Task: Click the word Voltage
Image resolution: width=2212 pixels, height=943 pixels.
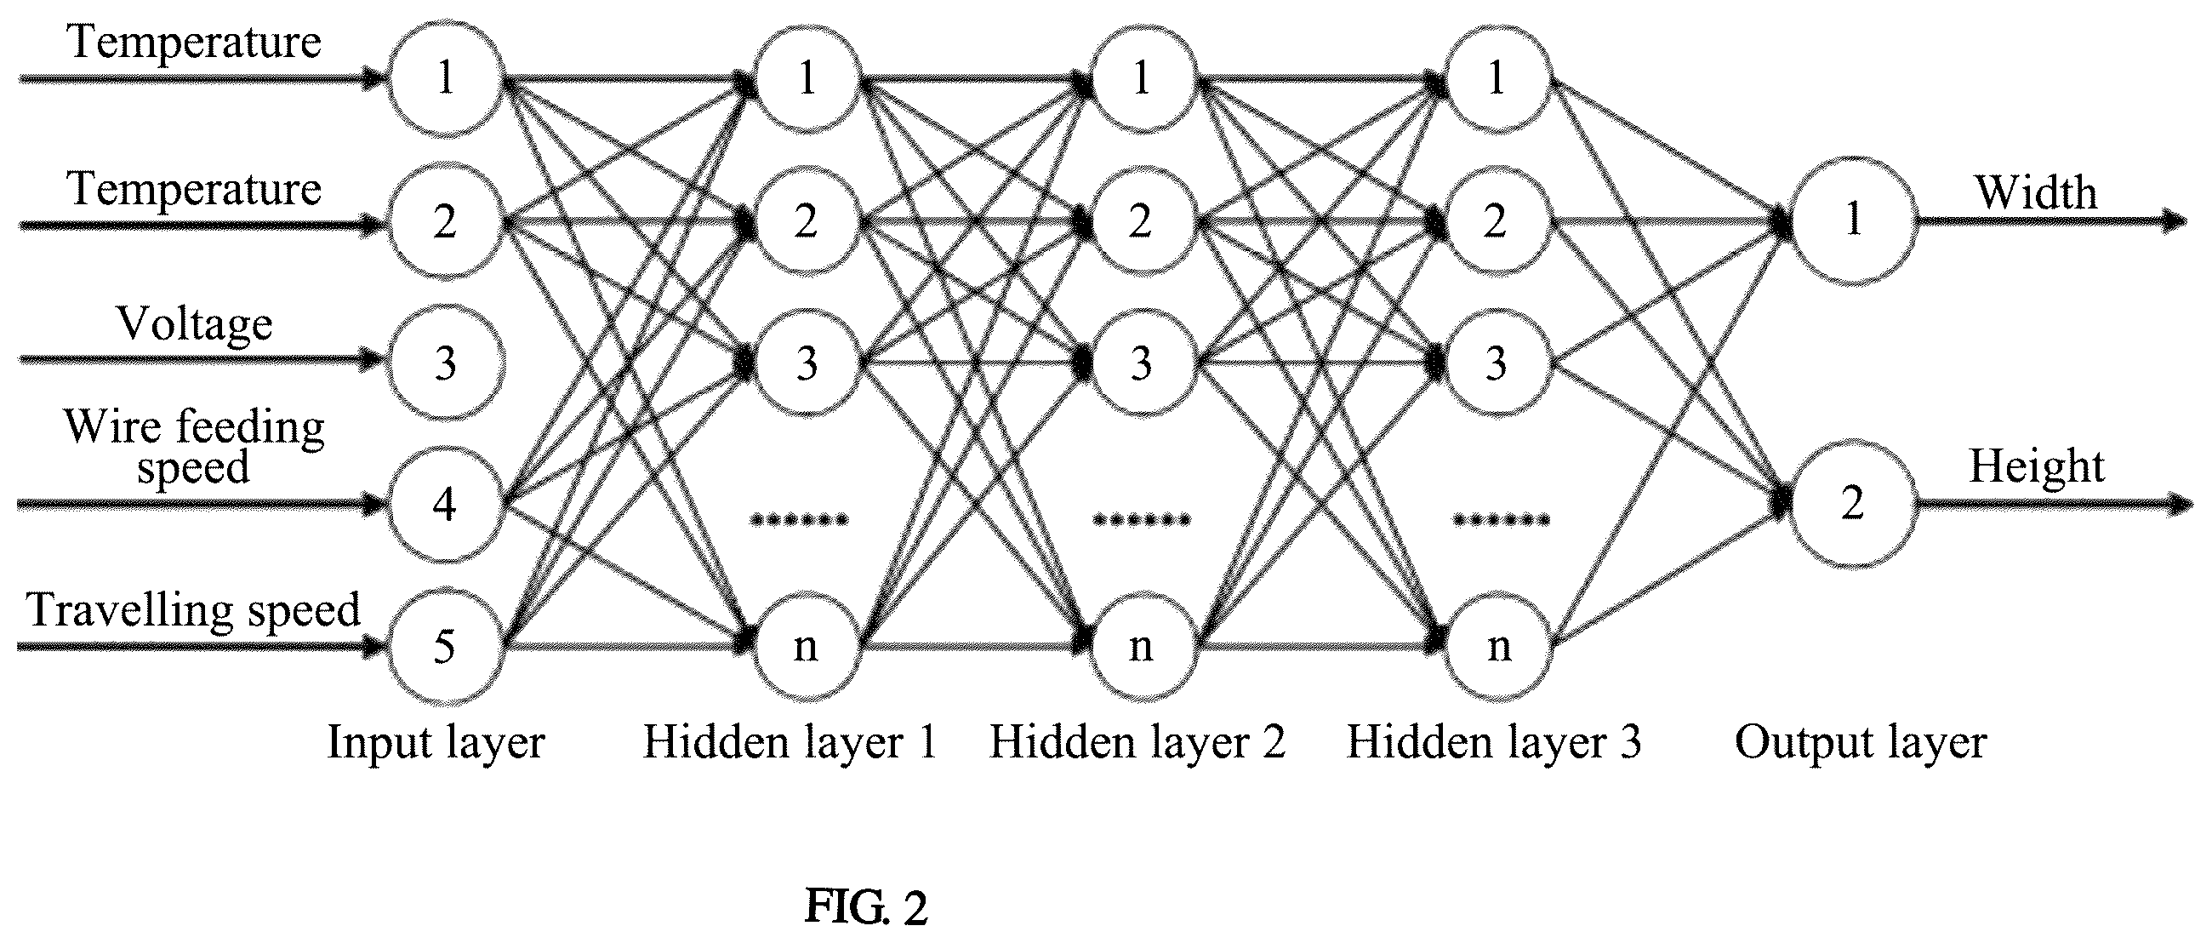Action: (x=195, y=324)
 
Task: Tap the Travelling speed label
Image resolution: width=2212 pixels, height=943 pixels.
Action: (x=194, y=610)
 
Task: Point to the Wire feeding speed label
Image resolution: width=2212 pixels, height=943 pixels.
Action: (x=195, y=447)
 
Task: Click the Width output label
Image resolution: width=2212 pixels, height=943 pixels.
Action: (x=2037, y=191)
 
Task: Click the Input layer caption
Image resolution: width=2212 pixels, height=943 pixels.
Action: (x=436, y=743)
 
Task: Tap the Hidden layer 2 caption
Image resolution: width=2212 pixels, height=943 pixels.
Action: (x=1137, y=741)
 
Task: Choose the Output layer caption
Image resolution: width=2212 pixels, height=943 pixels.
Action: (x=1861, y=743)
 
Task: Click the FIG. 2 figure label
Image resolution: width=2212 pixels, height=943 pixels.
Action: (x=866, y=907)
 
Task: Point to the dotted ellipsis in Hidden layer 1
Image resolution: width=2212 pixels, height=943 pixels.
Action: (x=800, y=519)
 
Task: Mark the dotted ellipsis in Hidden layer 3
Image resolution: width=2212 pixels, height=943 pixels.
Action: (x=1501, y=519)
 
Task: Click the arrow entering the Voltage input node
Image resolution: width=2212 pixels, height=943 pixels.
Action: (x=202, y=360)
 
